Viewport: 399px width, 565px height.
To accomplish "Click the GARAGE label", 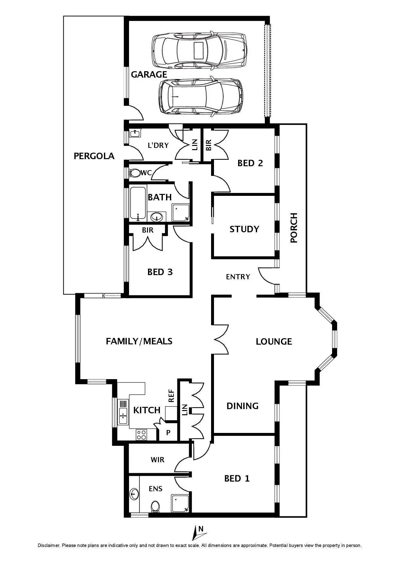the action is click(x=149, y=75).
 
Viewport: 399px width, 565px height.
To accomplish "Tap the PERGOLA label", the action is click(x=94, y=156).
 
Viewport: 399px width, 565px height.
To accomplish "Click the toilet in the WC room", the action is click(x=135, y=173).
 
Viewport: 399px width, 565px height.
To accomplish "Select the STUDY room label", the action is click(x=244, y=229).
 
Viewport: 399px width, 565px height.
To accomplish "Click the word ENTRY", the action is click(x=238, y=277).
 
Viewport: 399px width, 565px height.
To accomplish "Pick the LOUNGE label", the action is click(x=274, y=341).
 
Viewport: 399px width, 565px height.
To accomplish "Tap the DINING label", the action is click(x=242, y=406).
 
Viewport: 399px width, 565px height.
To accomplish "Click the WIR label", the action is click(x=157, y=460).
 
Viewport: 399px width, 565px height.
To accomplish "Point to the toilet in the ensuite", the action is click(x=155, y=507).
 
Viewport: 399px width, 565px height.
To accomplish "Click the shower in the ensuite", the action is click(x=180, y=503).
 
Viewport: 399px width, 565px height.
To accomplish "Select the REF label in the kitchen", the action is click(x=171, y=396).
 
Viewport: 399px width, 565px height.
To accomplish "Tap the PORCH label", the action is click(x=294, y=228).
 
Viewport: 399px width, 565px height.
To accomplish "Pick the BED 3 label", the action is click(x=160, y=272).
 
